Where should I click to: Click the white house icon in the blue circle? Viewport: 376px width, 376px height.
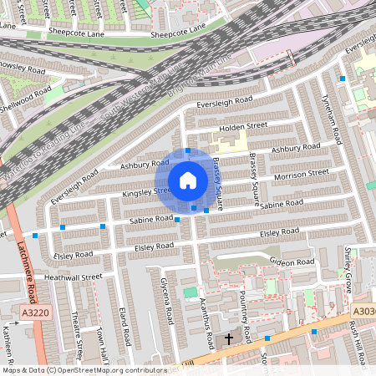point(188,180)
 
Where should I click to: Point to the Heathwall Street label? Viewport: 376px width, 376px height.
point(73,277)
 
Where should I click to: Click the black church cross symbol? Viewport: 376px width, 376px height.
point(229,339)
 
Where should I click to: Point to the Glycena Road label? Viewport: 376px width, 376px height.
point(168,302)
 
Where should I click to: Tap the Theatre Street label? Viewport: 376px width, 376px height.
point(77,332)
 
